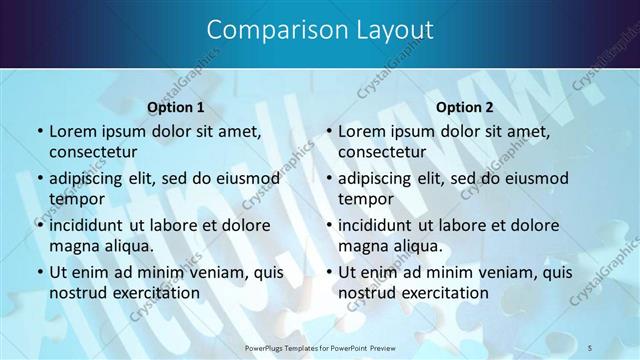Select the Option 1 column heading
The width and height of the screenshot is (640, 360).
176,106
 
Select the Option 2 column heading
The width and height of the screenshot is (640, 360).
465,106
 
